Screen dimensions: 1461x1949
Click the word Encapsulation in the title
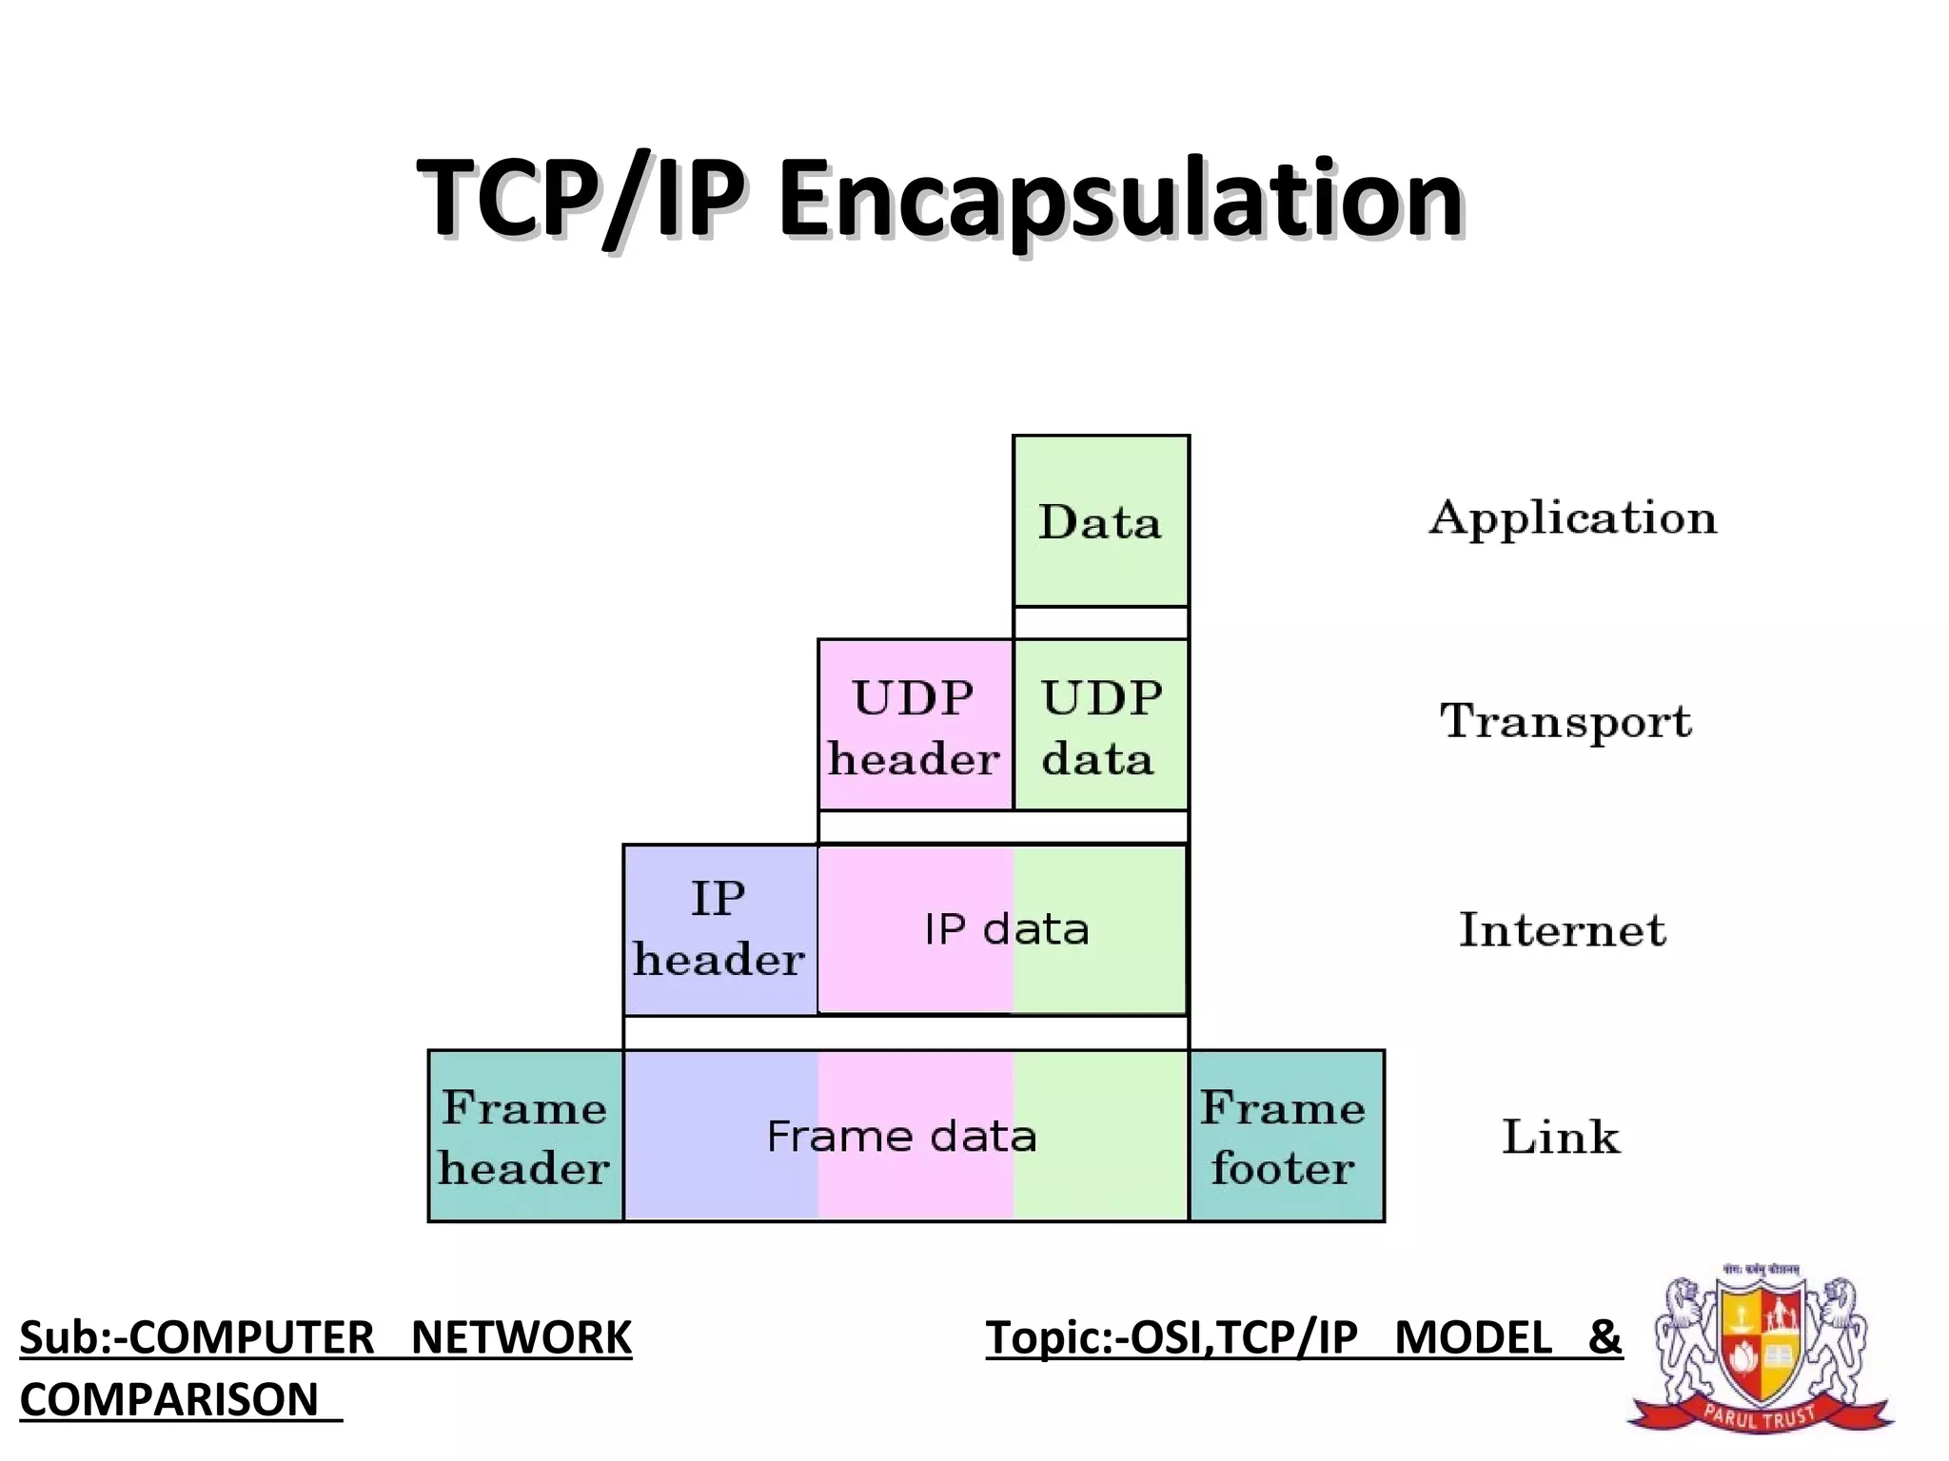tap(1120, 200)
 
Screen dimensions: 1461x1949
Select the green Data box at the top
tap(1100, 521)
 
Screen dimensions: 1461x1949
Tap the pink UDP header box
tap(915, 726)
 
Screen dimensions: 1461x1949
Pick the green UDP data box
tap(1101, 726)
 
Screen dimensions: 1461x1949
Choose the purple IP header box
tap(719, 929)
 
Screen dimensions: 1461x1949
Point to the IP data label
tap(1007, 929)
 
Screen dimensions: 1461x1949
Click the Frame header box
tap(525, 1137)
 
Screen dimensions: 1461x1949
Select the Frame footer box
tap(1286, 1137)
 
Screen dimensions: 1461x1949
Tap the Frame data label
tap(901, 1137)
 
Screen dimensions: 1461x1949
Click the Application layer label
tap(1573, 519)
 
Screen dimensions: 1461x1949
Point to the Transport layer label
tap(1565, 722)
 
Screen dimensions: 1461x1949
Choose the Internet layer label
tap(1563, 930)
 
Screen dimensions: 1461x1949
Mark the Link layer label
tap(1561, 1137)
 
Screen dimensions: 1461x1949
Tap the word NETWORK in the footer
tap(521, 1338)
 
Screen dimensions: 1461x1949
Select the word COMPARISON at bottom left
tap(169, 1400)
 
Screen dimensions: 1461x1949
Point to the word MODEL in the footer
tap(1473, 1338)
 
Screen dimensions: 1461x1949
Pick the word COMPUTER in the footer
tap(251, 1338)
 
